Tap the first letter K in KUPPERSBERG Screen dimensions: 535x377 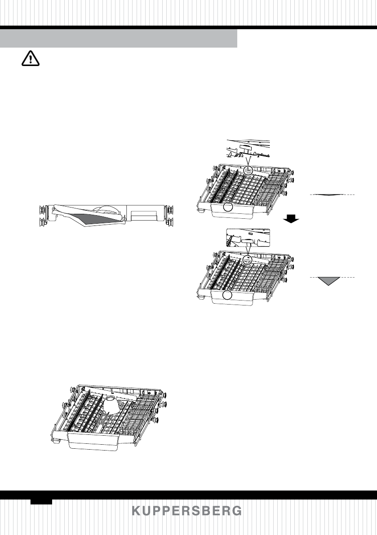coord(137,511)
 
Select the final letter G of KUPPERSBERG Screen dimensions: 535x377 coord(237,511)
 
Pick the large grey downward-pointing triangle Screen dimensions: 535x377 coord(328,281)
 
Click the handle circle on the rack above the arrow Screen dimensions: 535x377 coord(229,207)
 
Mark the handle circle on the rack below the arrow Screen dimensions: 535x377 coord(228,295)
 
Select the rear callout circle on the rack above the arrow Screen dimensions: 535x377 coord(248,169)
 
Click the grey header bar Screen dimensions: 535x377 coord(119,39)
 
